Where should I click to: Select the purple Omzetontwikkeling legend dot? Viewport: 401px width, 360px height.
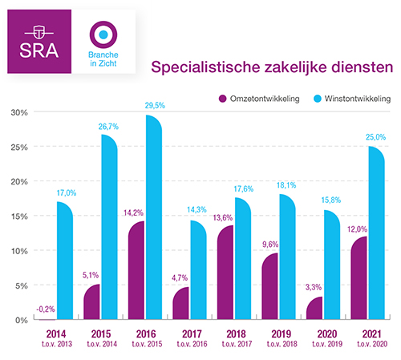tap(224, 99)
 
